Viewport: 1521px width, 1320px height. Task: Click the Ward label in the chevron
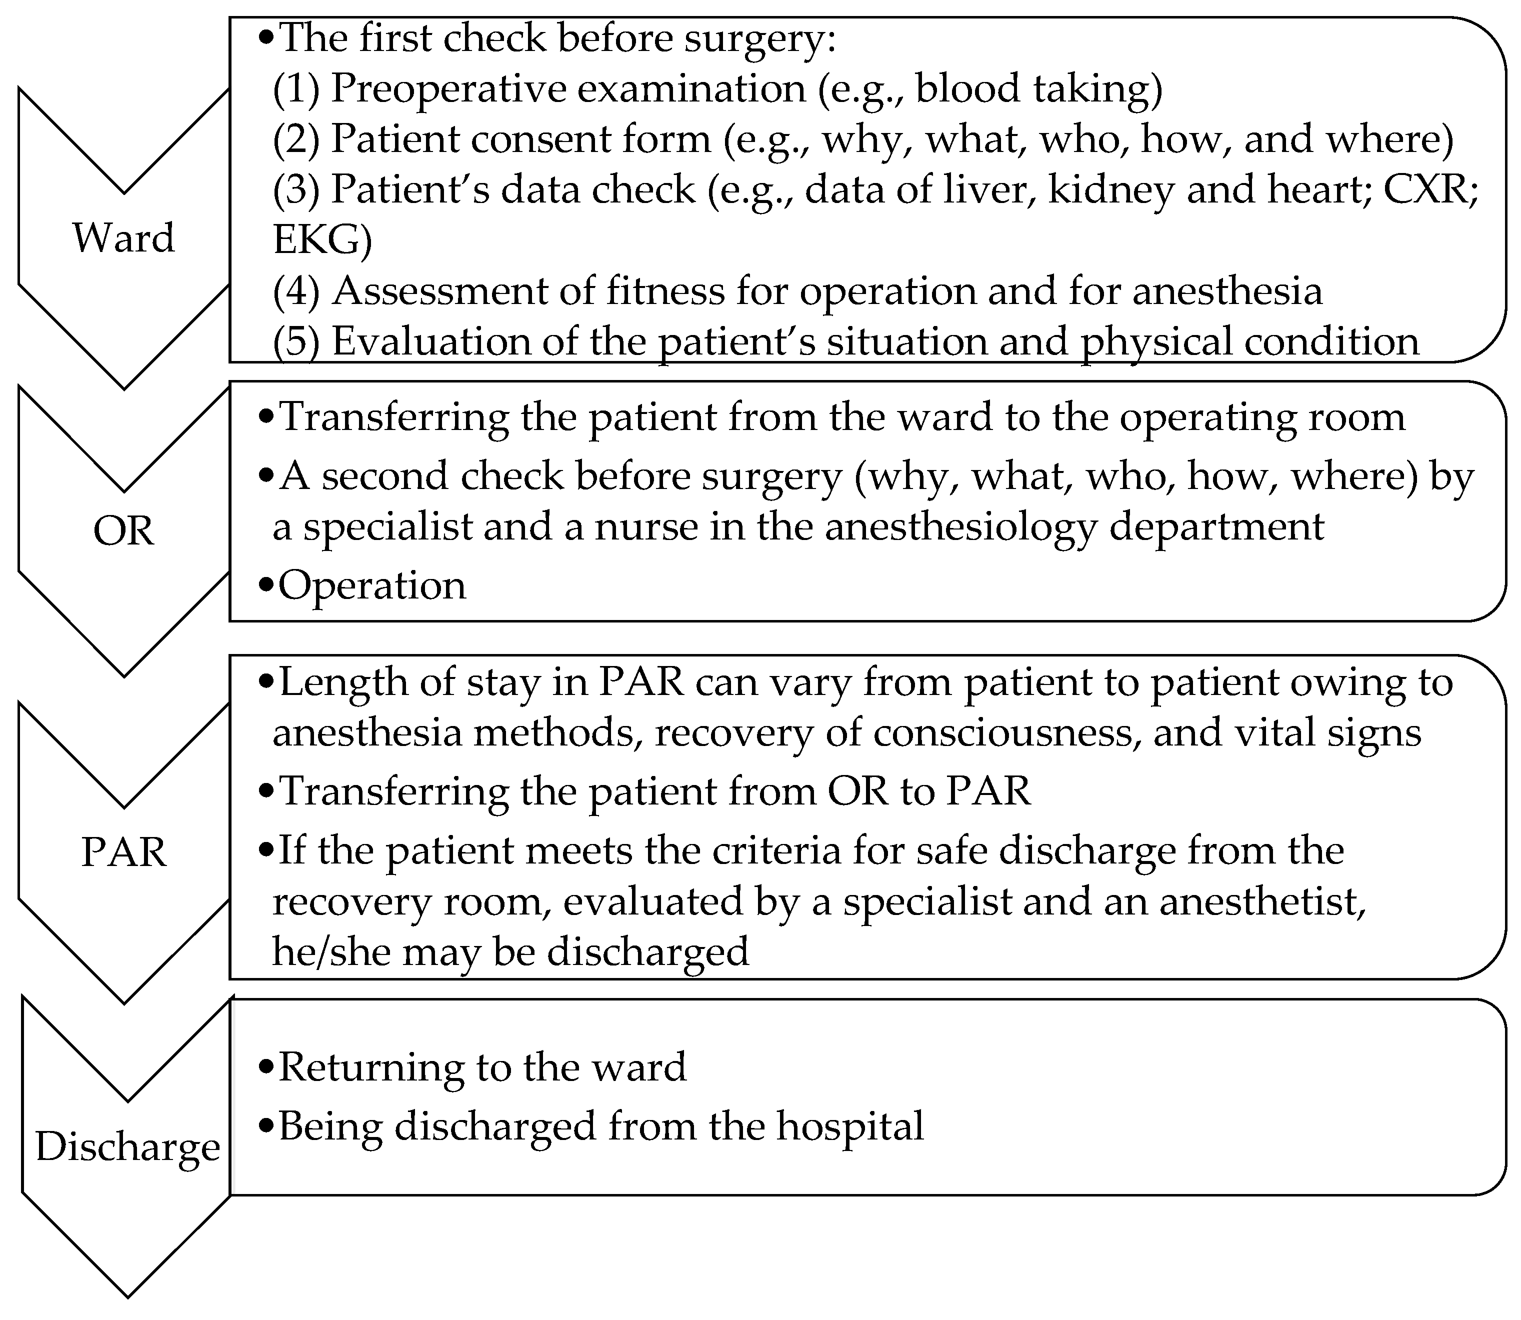click(x=123, y=238)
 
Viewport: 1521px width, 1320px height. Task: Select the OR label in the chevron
click(x=123, y=530)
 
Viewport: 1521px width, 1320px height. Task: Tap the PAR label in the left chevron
click(x=123, y=852)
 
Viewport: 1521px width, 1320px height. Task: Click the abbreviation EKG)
click(x=322, y=240)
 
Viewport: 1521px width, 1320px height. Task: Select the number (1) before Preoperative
click(x=296, y=89)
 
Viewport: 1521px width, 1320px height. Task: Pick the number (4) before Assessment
click(x=296, y=291)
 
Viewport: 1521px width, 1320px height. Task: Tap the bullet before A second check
click(x=266, y=476)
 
